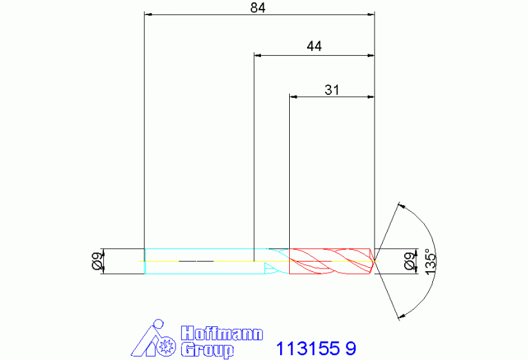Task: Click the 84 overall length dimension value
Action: [x=257, y=8]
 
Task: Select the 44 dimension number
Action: [x=314, y=46]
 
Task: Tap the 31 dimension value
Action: [x=332, y=90]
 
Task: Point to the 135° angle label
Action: [x=430, y=262]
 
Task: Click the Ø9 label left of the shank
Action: [x=97, y=261]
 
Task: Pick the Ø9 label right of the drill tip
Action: [x=410, y=261]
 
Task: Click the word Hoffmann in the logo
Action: [x=222, y=333]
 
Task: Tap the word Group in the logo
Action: [x=207, y=350]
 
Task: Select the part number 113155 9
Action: [x=316, y=348]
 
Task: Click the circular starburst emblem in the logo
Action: [x=167, y=345]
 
